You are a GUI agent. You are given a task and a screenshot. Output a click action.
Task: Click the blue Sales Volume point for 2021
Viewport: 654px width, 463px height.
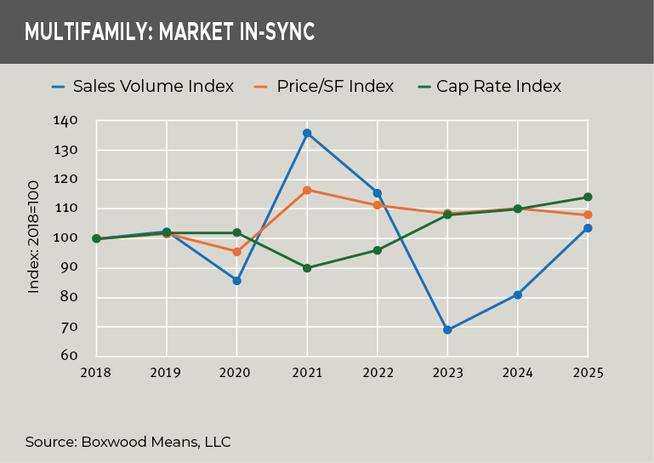point(307,133)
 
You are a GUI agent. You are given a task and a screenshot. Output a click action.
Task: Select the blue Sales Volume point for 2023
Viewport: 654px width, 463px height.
point(447,330)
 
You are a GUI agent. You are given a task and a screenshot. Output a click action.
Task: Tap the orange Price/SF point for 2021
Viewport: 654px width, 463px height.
point(307,190)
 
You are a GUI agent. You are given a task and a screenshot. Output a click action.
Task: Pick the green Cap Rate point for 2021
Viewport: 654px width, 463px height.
point(307,268)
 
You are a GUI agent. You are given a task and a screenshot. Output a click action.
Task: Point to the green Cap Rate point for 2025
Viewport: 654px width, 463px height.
point(588,197)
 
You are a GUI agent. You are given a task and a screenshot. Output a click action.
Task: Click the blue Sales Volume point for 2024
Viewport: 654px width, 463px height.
point(517,295)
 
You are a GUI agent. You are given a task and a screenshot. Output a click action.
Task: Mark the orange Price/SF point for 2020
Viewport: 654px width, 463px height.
point(236,252)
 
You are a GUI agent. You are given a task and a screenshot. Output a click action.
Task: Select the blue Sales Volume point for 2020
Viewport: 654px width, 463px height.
point(236,281)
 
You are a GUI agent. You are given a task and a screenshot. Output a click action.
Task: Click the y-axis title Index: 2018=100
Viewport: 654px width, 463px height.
point(34,237)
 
